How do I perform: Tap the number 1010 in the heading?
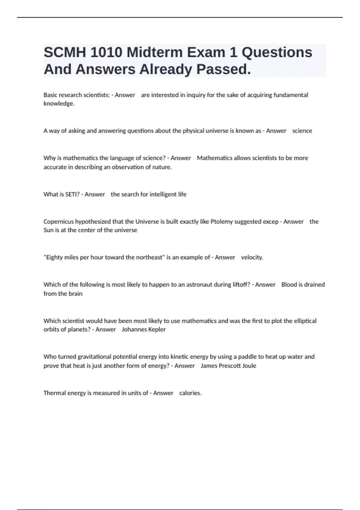click(106, 52)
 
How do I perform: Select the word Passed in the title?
click(222, 69)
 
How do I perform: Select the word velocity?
click(252, 257)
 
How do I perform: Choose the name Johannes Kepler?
click(144, 329)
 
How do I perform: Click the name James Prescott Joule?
click(228, 366)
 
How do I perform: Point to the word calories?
click(190, 393)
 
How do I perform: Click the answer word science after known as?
click(302, 131)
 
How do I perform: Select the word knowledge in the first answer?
click(59, 104)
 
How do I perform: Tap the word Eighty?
click(53, 257)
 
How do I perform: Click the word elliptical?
click(305, 321)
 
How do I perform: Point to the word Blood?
click(289, 285)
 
